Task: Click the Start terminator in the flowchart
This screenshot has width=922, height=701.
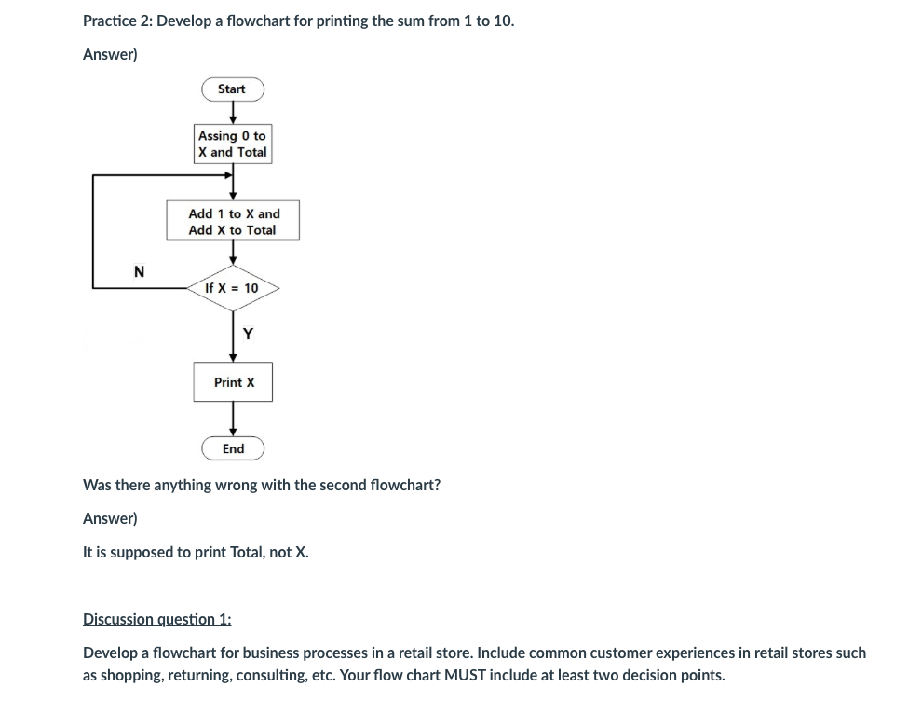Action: (x=233, y=89)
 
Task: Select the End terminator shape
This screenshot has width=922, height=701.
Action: (x=233, y=449)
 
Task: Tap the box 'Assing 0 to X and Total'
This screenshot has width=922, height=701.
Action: (x=233, y=144)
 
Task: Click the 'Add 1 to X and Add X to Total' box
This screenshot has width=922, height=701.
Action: (x=233, y=222)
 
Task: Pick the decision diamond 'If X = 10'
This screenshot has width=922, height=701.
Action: (x=233, y=289)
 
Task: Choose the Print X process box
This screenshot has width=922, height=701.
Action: (x=233, y=382)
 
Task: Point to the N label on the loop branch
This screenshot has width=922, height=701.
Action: (x=140, y=272)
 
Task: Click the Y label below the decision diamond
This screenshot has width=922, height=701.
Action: (x=248, y=334)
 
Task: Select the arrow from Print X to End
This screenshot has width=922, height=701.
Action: (x=233, y=419)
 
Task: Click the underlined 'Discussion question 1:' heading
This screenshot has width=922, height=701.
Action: (x=157, y=619)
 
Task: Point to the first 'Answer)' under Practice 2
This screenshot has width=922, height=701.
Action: (x=110, y=54)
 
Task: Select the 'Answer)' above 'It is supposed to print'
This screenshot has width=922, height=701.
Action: (x=110, y=518)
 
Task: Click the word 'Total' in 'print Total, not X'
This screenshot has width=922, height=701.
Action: (x=247, y=552)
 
